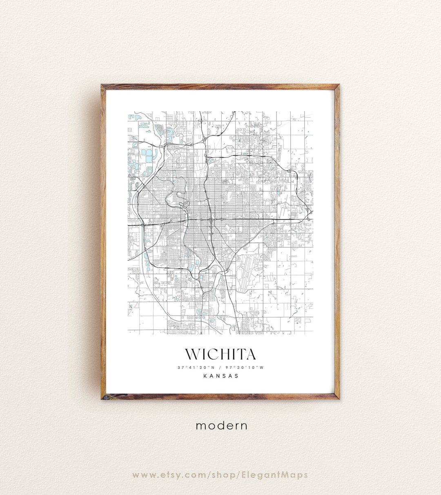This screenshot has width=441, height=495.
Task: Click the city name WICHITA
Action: (220, 354)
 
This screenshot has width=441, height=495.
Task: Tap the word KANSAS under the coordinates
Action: (220, 376)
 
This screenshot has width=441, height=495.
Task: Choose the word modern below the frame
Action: (221, 426)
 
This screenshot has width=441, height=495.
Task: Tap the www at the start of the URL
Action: (143, 475)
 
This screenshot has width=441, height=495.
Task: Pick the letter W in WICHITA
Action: (193, 354)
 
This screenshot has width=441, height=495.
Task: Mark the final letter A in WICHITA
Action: (250, 354)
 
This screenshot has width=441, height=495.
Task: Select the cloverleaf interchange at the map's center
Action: (211, 220)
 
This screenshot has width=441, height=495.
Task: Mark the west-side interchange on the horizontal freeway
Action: (144, 224)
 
